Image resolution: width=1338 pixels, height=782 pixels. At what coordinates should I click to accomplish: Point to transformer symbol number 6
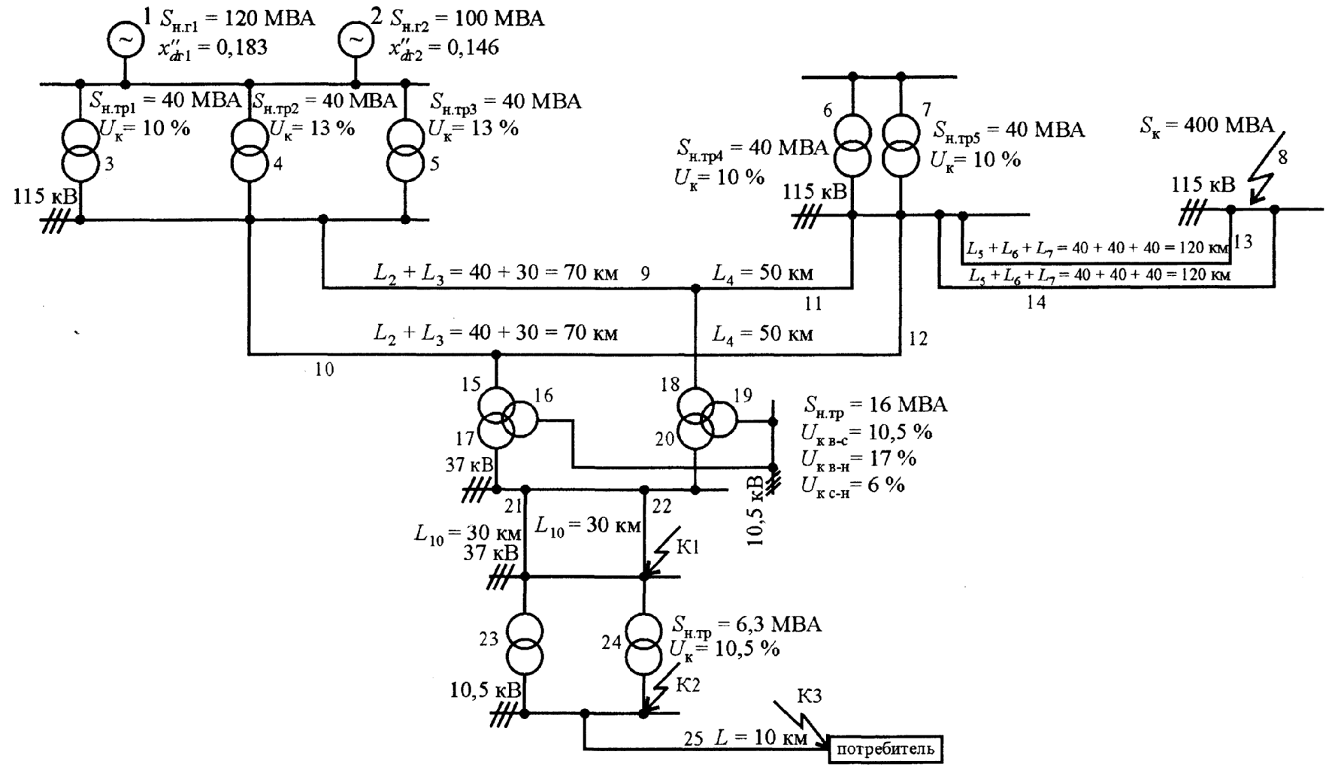[x=852, y=145]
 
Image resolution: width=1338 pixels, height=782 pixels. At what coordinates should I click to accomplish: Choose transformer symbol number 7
[x=901, y=145]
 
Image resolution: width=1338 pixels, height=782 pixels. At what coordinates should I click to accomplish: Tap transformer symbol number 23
[x=525, y=644]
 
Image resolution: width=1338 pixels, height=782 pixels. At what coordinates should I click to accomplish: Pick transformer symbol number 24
[x=643, y=644]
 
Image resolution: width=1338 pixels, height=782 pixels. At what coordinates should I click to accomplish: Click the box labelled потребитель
[x=885, y=749]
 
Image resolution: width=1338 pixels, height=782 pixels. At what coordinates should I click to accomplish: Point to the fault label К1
[x=688, y=548]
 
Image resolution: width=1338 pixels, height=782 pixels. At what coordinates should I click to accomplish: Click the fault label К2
[x=688, y=685]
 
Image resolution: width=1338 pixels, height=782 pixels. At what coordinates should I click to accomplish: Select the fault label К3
[x=809, y=697]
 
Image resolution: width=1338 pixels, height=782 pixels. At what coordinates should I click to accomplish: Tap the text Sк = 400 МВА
[x=1206, y=126]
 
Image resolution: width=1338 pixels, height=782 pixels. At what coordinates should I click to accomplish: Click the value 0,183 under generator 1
[x=241, y=48]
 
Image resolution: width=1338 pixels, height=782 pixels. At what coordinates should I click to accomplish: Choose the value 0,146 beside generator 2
[x=472, y=48]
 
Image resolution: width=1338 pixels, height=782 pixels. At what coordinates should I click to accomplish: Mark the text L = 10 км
[x=761, y=738]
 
